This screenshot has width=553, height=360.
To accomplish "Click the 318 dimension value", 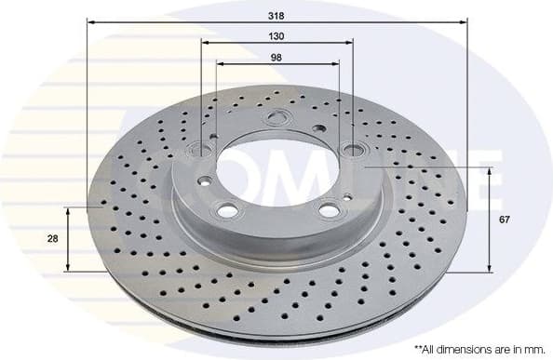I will point(276,16).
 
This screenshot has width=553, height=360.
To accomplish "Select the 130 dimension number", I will point(276,36).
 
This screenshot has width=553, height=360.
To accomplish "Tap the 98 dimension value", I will point(276,57).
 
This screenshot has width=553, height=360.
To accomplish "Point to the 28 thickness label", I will point(53,239).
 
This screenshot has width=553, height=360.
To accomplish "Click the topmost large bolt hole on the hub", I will point(275,118).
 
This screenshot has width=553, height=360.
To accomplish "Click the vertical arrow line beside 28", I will point(68,239).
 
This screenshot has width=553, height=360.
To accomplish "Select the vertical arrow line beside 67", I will point(489,220).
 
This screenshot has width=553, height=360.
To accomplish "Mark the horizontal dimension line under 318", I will point(276,25).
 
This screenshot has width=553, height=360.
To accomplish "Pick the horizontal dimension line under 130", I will point(276,45).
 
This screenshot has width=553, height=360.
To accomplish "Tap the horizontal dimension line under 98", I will point(276,65).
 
